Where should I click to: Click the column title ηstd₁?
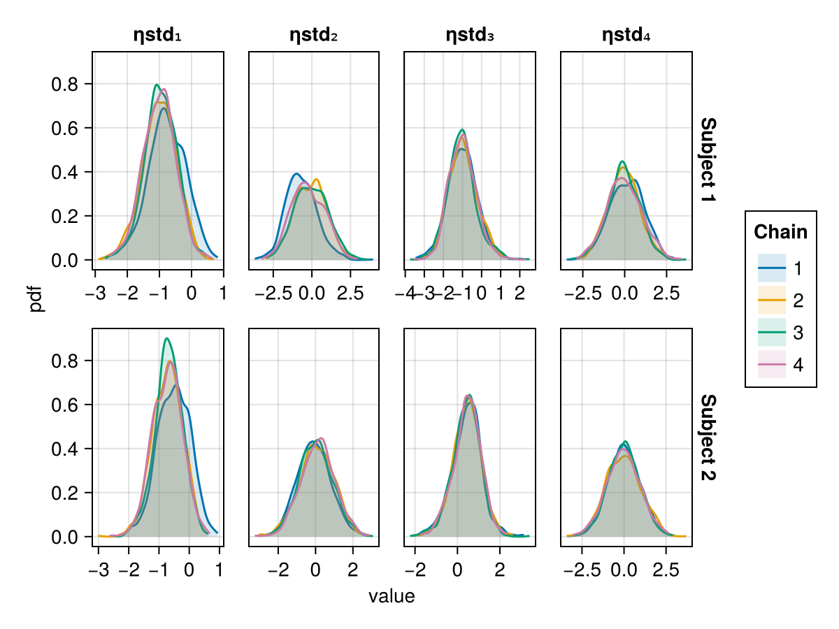click(157, 35)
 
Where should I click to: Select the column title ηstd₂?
click(314, 35)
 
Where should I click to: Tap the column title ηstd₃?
click(470, 35)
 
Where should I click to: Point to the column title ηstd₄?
click(626, 35)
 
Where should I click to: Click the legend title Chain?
click(781, 232)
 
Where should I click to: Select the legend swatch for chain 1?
click(772, 268)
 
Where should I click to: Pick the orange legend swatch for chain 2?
click(772, 301)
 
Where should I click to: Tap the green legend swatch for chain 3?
click(772, 333)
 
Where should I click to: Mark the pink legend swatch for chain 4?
click(772, 366)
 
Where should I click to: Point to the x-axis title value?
click(392, 597)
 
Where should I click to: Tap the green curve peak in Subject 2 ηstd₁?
click(166, 339)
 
